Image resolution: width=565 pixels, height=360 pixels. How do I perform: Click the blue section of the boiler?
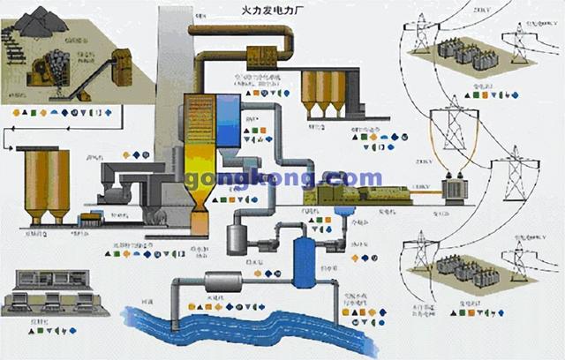coord(227,120)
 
